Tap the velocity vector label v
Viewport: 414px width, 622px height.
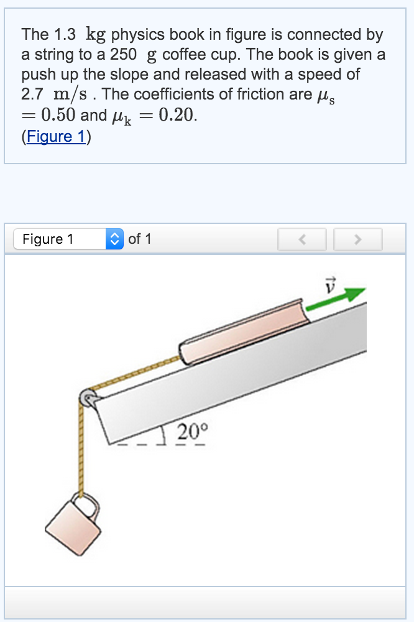tap(330, 284)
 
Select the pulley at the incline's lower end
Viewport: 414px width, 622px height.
tap(88, 398)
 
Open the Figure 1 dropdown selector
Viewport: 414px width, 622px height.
tap(69, 239)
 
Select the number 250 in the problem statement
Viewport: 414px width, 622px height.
tap(124, 55)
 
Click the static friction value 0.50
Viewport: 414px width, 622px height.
tap(58, 116)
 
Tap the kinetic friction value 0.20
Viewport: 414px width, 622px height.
tap(178, 116)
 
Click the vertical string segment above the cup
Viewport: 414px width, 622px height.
tap(80, 448)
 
